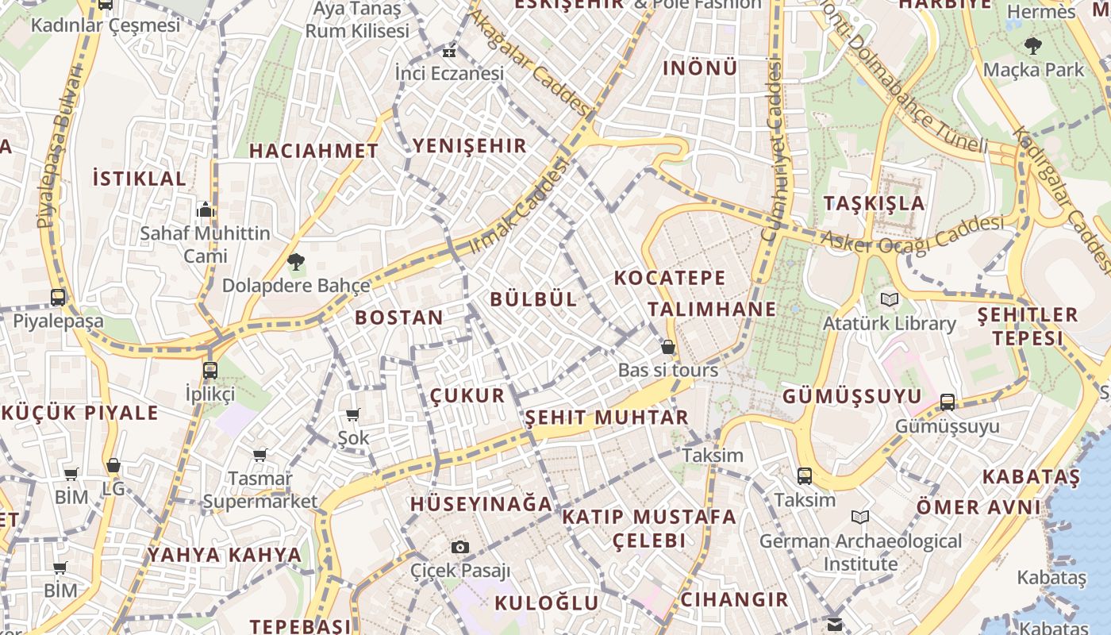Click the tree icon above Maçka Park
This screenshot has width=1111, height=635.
tap(1032, 46)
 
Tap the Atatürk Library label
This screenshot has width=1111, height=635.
tap(889, 324)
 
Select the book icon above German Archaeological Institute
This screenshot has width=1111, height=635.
tap(860, 518)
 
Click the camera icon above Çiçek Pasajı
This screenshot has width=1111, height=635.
tap(459, 547)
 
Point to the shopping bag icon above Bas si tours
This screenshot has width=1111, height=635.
tap(668, 347)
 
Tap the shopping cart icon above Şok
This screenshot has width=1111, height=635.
tap(353, 414)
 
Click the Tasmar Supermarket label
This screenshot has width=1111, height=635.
tap(260, 491)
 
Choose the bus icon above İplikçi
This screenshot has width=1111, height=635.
tap(210, 370)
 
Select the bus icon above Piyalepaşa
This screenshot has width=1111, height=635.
tap(58, 298)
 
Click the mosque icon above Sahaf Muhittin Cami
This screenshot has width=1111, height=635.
tap(206, 210)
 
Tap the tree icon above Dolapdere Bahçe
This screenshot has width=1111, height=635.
tap(296, 260)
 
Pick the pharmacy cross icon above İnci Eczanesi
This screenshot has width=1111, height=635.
tap(449, 52)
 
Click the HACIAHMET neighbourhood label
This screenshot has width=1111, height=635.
tap(313, 151)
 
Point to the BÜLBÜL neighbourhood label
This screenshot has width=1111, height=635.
tap(533, 299)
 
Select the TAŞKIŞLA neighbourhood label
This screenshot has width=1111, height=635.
tap(874, 203)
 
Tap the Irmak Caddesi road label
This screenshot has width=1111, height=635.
tap(520, 206)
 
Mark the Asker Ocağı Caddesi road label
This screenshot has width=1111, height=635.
tap(912, 236)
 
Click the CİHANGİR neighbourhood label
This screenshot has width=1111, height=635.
tap(734, 599)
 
